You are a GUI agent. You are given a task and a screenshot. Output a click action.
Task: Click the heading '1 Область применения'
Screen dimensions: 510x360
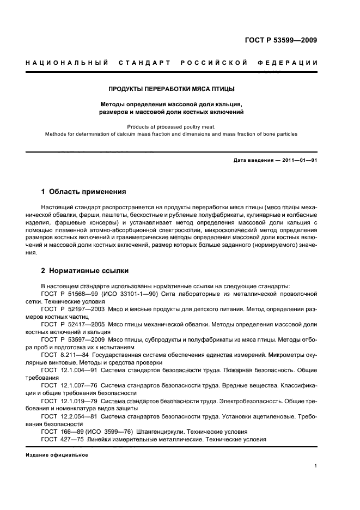coord(83,192)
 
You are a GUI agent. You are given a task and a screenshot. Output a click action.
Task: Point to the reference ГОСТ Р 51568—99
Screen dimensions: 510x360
coord(68,293)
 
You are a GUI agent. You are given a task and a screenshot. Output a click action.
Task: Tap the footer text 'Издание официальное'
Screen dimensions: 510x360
coord(57,454)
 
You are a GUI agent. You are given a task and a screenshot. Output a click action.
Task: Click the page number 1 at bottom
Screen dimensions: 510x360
coord(316,466)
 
